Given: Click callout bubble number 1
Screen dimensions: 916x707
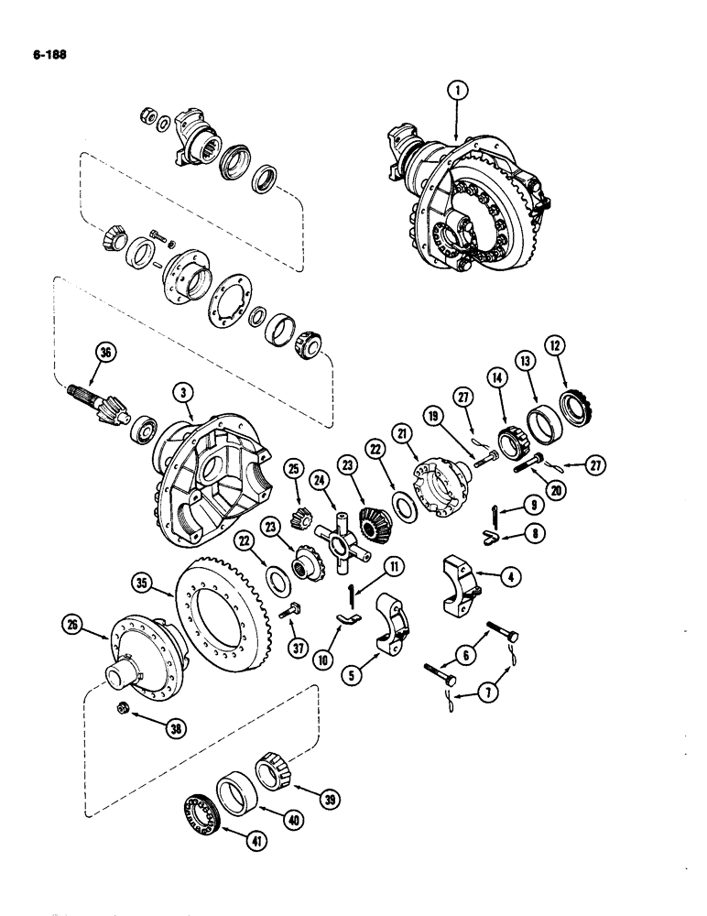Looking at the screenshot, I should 457,90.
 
